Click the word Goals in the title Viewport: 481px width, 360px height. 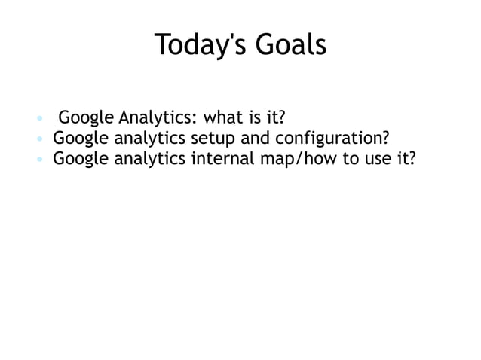tap(290, 45)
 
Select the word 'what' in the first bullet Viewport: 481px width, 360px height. tap(224, 118)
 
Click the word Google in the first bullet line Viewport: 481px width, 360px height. tap(87, 119)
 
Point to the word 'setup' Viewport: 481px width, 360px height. tap(213, 139)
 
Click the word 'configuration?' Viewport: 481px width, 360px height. tap(326, 139)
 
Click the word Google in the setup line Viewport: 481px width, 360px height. tap(81, 139)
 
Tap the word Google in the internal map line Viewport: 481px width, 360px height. tap(81, 160)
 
